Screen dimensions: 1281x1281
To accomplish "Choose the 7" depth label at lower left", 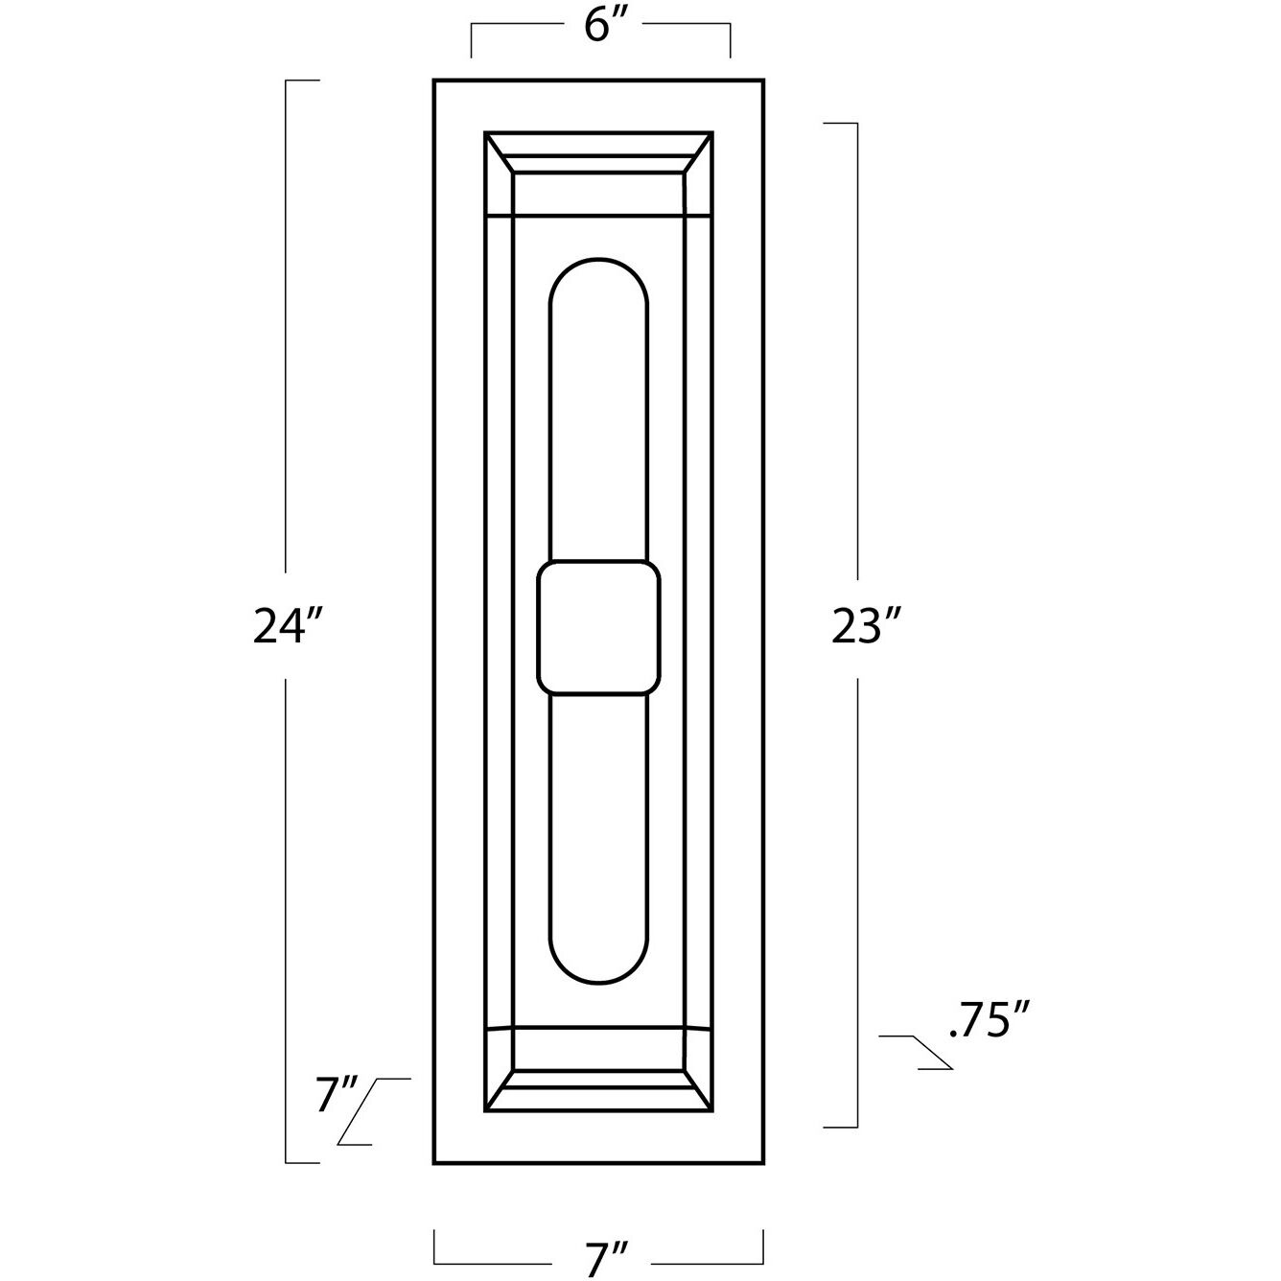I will [x=336, y=1095].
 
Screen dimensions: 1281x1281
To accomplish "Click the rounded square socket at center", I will [x=599, y=628].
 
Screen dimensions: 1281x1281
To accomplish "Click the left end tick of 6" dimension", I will [x=471, y=43].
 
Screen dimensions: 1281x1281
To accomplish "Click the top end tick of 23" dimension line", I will [x=840, y=124].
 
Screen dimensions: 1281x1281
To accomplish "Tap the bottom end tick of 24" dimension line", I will [x=303, y=1162].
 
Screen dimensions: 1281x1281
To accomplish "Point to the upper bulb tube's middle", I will [x=598, y=412].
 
